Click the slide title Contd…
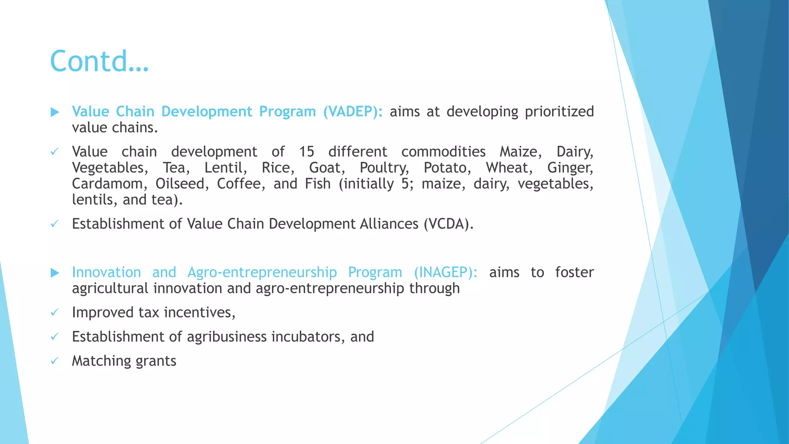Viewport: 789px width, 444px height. point(99,61)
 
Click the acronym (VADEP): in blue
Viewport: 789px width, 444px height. point(353,111)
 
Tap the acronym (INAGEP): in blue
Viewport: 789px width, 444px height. point(445,272)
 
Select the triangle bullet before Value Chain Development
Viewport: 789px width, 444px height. point(55,112)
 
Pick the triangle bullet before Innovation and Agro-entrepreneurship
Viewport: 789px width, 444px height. point(55,273)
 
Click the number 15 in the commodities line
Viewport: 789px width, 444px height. point(307,151)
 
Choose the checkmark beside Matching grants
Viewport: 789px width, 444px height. point(55,361)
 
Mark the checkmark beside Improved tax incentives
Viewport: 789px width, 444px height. point(55,312)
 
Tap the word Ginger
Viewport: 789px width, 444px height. point(570,168)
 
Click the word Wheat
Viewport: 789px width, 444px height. point(509,168)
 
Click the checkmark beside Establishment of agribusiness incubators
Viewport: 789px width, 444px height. point(55,336)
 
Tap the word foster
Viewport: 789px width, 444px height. point(574,272)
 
